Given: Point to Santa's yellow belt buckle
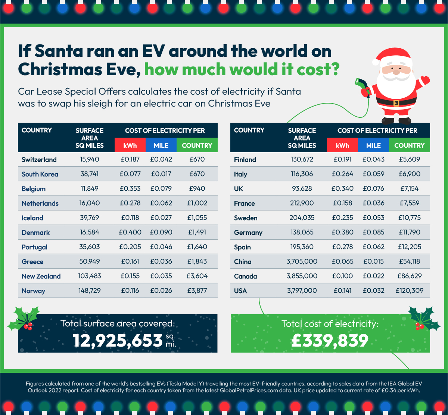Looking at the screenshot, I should [x=396, y=103].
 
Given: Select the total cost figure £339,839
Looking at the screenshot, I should [x=330, y=341].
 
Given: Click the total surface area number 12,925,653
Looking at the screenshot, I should [x=117, y=341].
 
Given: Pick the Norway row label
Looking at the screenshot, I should [x=33, y=291].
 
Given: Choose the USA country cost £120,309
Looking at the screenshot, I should [x=409, y=290].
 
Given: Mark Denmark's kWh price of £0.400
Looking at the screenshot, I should [x=130, y=232].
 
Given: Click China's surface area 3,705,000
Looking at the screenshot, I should [x=302, y=261].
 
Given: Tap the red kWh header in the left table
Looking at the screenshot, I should [x=130, y=145].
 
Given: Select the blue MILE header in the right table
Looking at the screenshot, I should [x=373, y=145].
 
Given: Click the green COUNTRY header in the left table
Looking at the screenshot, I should [x=197, y=145].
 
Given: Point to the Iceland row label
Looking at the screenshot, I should [x=32, y=218].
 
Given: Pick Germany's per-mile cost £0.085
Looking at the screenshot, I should [x=373, y=232].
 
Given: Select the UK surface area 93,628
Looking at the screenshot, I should [x=302, y=188].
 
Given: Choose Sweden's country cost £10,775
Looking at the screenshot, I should [x=409, y=218].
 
